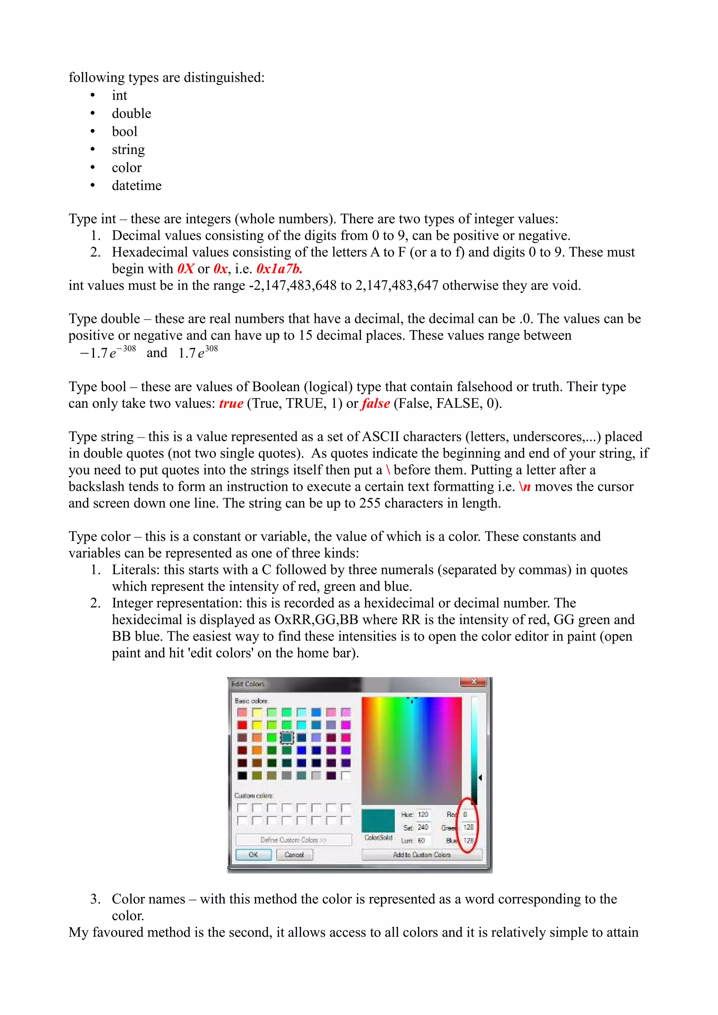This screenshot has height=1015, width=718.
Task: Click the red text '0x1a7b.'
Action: click(279, 269)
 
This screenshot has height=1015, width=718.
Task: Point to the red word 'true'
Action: click(231, 404)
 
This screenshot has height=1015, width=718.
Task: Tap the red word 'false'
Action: click(376, 404)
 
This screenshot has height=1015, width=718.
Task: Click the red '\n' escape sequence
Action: click(525, 487)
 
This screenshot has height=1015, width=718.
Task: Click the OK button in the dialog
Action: click(253, 854)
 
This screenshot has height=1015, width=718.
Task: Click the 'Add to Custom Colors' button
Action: click(421, 854)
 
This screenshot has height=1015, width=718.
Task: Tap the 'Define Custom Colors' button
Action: click(293, 839)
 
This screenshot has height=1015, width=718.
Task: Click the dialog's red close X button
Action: click(474, 682)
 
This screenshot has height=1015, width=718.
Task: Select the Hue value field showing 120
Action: click(423, 814)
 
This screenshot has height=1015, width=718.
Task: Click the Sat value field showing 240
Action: click(423, 827)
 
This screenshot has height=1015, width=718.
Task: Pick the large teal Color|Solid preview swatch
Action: click(378, 820)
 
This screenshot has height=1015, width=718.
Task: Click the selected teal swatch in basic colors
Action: click(287, 737)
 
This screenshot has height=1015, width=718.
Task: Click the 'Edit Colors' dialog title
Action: click(248, 684)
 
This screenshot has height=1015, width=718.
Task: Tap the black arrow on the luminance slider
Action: click(480, 777)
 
